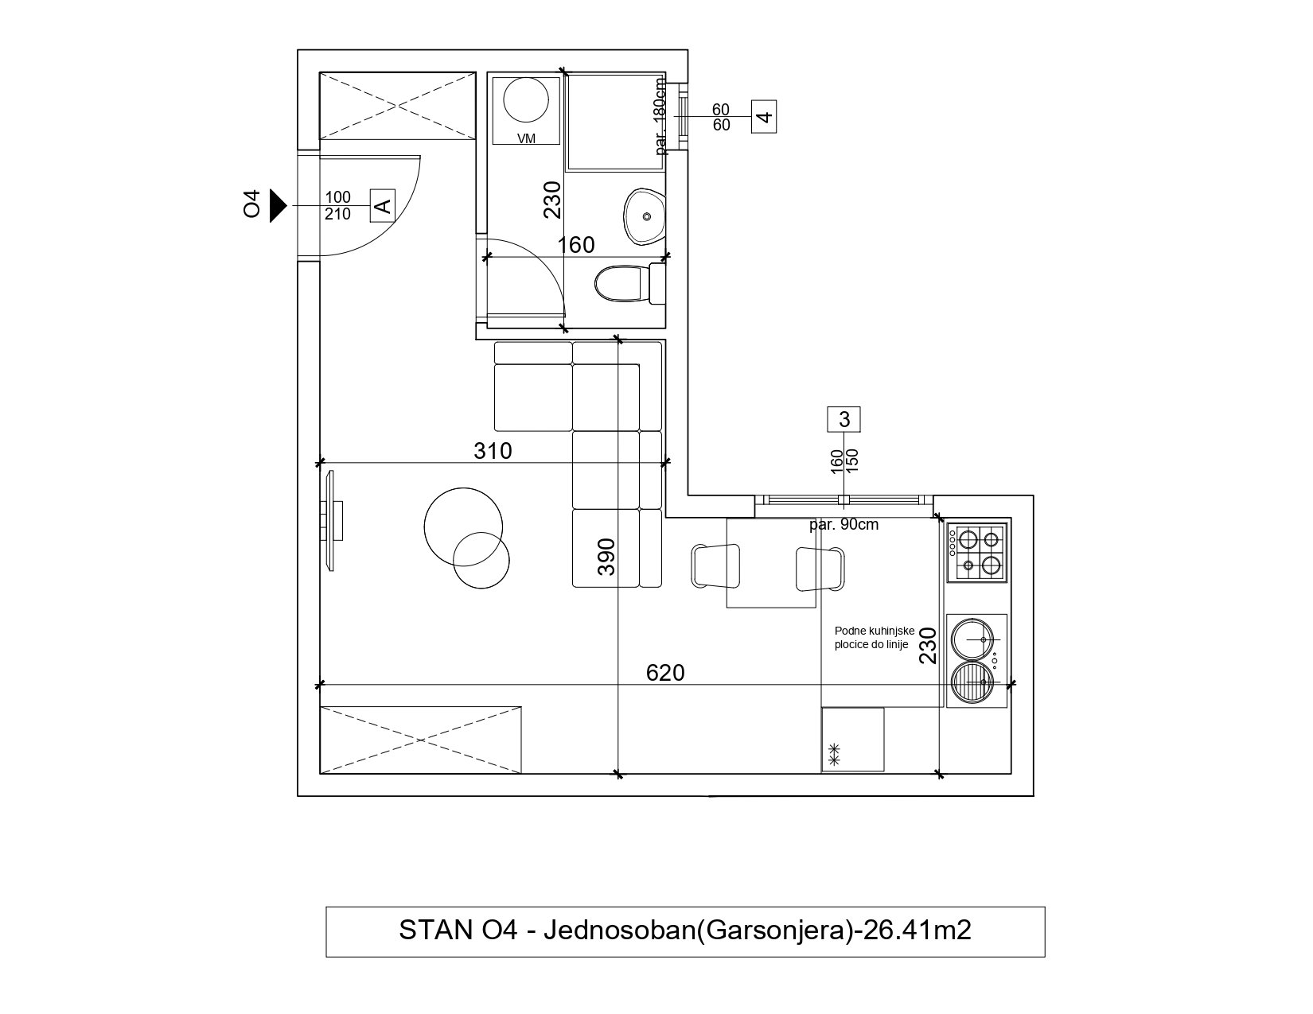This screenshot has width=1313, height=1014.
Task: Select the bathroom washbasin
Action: coord(645,216)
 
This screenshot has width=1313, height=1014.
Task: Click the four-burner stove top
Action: coord(976,552)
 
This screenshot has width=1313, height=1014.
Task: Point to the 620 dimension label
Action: coord(665,673)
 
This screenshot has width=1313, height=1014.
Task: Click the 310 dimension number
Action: coord(493,450)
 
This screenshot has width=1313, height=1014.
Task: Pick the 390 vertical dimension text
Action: coord(606,557)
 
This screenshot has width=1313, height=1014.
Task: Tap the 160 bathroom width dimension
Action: coord(576,245)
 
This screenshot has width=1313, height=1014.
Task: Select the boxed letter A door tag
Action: coord(383,205)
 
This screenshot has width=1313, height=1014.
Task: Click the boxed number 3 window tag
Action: coord(844,419)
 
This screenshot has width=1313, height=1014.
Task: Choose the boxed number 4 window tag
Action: coord(764,117)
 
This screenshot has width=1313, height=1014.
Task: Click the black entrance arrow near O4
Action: coord(278,205)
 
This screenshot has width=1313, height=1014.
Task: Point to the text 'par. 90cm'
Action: coord(844,525)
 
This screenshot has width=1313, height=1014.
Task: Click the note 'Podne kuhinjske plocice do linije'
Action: coord(875,638)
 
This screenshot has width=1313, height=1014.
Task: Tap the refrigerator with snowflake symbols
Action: coord(852,739)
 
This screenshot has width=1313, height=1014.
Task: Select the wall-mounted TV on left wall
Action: coord(333,521)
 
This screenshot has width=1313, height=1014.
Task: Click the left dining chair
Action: coord(716,566)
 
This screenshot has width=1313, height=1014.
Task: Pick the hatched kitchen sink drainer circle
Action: coord(972,682)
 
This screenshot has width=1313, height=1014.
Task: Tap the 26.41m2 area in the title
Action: coord(918,930)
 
